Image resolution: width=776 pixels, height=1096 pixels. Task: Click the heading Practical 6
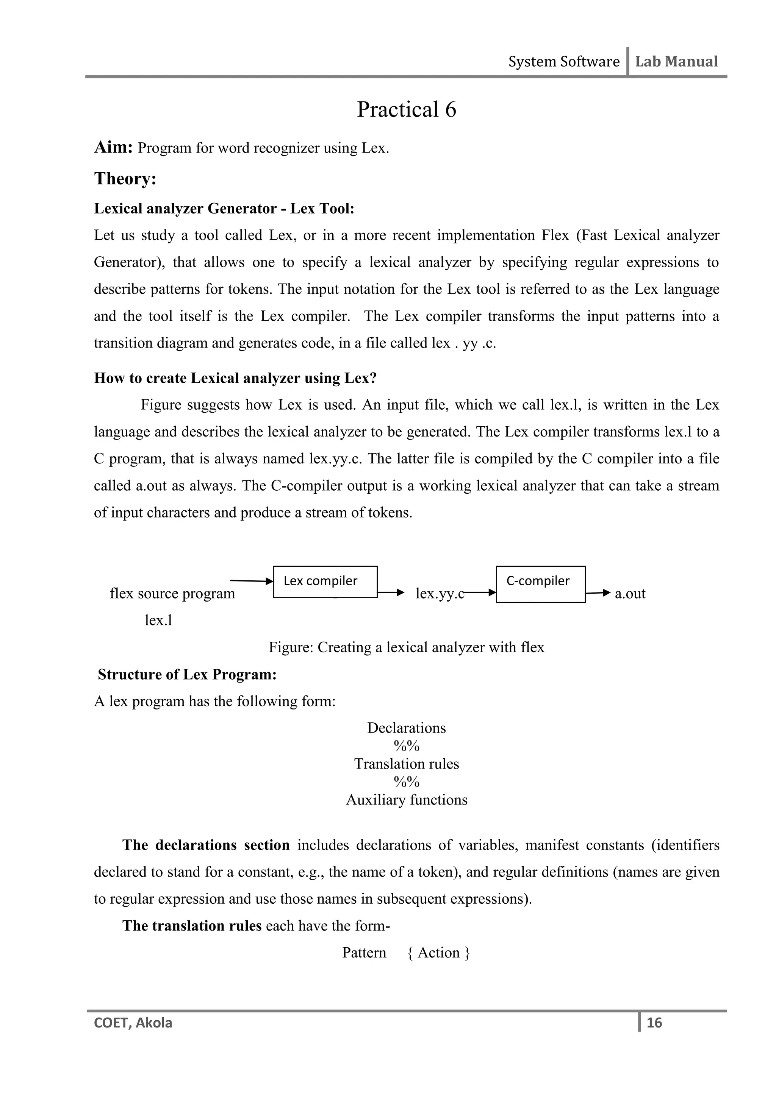[x=406, y=109]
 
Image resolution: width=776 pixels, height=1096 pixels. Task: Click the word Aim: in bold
[x=113, y=148]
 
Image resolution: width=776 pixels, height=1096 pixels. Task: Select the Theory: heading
[x=125, y=179]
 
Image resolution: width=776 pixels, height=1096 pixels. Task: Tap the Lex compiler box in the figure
[x=325, y=582]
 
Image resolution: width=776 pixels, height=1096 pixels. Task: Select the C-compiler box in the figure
[x=540, y=584]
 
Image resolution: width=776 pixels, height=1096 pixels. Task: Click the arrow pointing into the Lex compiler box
[x=251, y=581]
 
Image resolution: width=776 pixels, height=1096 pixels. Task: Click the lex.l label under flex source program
[x=158, y=620]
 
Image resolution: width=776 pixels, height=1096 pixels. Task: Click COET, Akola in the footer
[x=133, y=1023]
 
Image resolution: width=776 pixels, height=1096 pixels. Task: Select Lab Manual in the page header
[x=676, y=62]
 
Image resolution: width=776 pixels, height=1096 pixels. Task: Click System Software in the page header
[x=563, y=62]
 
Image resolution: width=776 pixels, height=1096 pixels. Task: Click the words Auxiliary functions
[x=406, y=800]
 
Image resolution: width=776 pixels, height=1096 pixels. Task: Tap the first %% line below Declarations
[x=406, y=746]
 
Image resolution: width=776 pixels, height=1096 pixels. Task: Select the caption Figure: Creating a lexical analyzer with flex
[x=406, y=647]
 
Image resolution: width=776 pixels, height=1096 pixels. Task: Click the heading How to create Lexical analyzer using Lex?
[x=235, y=378]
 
